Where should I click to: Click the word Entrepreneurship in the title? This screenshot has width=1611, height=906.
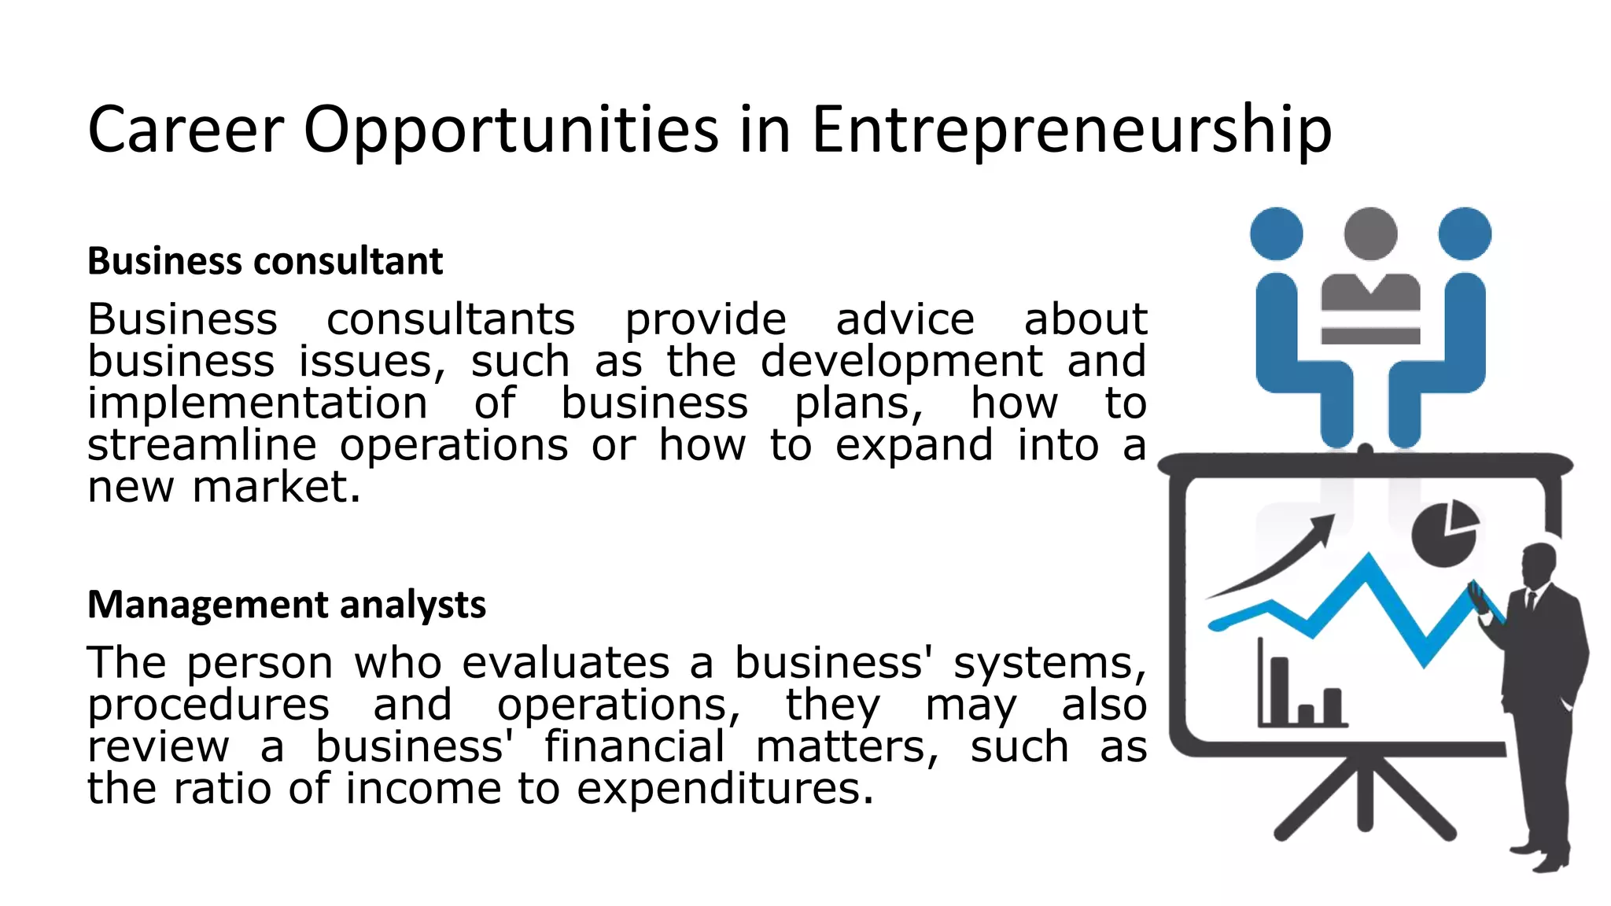tap(1071, 130)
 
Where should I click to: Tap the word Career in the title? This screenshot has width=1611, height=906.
tap(186, 130)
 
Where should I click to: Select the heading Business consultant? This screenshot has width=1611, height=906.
tap(265, 261)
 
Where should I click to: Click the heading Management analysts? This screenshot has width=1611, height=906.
tap(286, 605)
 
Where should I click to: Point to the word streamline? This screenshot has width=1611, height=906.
tap(202, 446)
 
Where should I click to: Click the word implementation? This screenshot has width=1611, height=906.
tap(257, 404)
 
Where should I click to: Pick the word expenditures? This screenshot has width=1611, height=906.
tap(724, 789)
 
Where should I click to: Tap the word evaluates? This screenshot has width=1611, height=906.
tap(566, 663)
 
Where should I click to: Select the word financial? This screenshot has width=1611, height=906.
tap(634, 747)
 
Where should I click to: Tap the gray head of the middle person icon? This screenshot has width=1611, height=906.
tap(1370, 234)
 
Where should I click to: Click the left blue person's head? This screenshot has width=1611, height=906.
tap(1276, 234)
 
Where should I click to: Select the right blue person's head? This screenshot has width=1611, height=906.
tap(1465, 234)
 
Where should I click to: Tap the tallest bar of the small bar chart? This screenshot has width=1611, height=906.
tap(1280, 691)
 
